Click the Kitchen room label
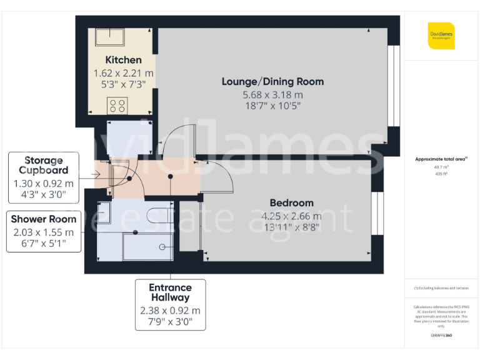123,60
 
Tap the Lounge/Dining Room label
273,81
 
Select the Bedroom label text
291,202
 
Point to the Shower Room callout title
44,219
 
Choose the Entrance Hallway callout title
170,292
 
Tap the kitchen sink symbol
109,37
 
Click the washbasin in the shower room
104,212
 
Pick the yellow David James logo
441,35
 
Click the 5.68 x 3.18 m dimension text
273,94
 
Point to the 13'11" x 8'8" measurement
291,227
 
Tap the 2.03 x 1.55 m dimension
44,232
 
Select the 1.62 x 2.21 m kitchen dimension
123,73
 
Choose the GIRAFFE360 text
441,336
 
